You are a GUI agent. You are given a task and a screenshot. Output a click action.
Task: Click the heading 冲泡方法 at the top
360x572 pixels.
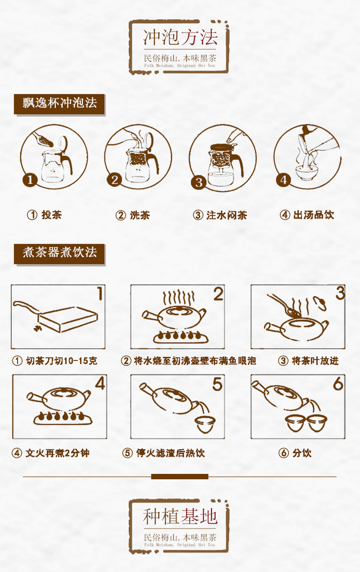(180, 37)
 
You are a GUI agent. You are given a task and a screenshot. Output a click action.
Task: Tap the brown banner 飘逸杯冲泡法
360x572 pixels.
(60, 105)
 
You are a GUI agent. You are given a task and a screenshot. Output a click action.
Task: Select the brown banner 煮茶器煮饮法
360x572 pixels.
(60, 254)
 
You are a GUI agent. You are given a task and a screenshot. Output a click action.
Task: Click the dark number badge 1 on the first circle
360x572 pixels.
(30, 179)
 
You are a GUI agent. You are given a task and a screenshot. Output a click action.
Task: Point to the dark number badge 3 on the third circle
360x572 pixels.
(199, 182)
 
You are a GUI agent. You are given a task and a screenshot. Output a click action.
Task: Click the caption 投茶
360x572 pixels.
(51, 215)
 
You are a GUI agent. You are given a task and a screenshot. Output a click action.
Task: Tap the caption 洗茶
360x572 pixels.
(140, 215)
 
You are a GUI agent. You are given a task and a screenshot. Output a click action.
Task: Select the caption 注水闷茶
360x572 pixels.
(226, 215)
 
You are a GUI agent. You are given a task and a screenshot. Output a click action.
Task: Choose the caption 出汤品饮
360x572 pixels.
(314, 215)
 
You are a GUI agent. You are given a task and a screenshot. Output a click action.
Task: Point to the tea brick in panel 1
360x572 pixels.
(68, 319)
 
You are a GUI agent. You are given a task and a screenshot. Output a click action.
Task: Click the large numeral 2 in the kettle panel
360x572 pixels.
(218, 294)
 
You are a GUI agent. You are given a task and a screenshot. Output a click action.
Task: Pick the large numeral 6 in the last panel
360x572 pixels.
(338, 384)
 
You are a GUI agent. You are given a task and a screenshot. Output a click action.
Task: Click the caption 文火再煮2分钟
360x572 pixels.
(58, 453)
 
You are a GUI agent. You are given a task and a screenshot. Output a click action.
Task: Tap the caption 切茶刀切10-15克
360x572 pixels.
(62, 361)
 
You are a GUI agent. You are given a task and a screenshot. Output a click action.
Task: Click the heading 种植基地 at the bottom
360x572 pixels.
(180, 517)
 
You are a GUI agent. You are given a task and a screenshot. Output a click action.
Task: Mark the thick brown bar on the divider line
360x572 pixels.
(180, 476)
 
